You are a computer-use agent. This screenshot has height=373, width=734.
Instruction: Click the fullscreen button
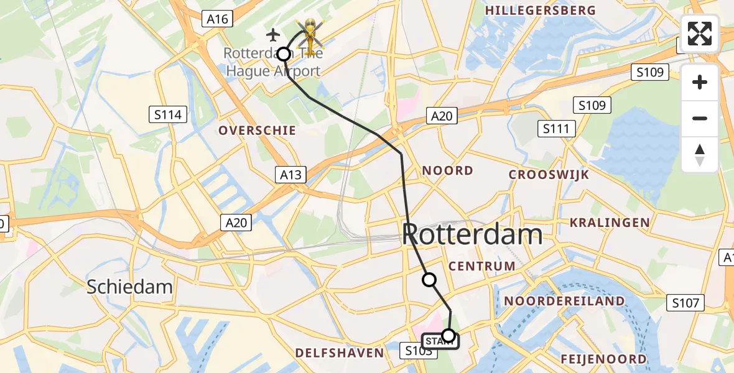[x=700, y=34]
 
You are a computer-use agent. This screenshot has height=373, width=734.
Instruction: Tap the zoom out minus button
[x=700, y=118]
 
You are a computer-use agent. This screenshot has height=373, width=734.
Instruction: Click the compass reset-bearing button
[x=700, y=154]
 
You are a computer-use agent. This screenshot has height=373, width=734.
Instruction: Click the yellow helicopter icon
[x=309, y=34]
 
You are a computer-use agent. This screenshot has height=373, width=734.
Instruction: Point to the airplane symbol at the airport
[x=272, y=34]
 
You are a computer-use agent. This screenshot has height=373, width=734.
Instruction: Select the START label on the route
[x=439, y=341]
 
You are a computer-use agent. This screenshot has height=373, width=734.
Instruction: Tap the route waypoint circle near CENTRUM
[x=429, y=280]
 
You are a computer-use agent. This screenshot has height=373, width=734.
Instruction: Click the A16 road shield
[x=217, y=19]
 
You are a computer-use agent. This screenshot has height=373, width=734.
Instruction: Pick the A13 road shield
[x=290, y=175]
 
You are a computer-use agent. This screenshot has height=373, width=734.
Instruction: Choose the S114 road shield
[x=169, y=114]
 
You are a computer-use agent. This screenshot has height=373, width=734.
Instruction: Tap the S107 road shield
[x=686, y=303]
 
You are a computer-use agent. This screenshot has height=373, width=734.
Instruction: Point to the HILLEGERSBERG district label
[x=540, y=11]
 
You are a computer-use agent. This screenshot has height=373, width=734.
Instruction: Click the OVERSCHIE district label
[x=257, y=131]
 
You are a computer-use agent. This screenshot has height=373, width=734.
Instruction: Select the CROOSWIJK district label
[x=549, y=175]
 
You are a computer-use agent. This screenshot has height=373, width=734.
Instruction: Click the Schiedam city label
[x=129, y=287]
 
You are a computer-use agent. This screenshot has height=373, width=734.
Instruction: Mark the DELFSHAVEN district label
[x=340, y=353]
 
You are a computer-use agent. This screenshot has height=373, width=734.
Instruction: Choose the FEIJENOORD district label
[x=603, y=359]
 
